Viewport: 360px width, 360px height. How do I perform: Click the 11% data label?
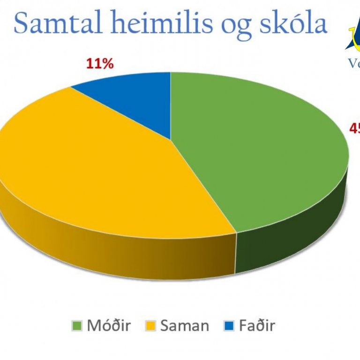pyautogui.click(x=100, y=64)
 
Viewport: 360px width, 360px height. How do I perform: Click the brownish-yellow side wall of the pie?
pyautogui.click(x=117, y=248)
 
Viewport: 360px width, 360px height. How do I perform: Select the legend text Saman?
pyautogui.click(x=184, y=325)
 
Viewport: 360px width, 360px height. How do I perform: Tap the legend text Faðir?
pyautogui.click(x=256, y=325)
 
